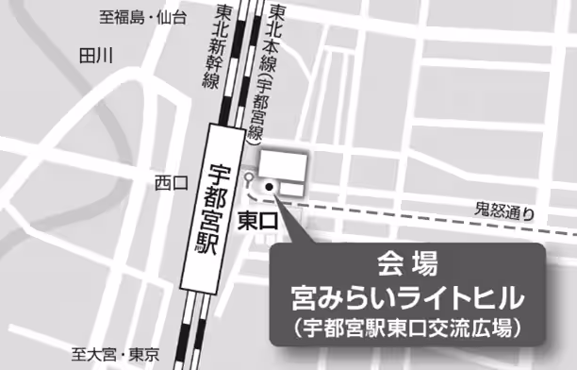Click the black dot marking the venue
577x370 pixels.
pyautogui.click(x=269, y=187)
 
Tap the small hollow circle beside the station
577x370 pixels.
pyautogui.click(x=247, y=177)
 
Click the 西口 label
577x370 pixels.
pyautogui.click(x=173, y=182)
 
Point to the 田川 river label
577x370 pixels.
pyautogui.click(x=96, y=55)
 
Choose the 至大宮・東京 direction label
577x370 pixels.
pyautogui.click(x=115, y=355)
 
